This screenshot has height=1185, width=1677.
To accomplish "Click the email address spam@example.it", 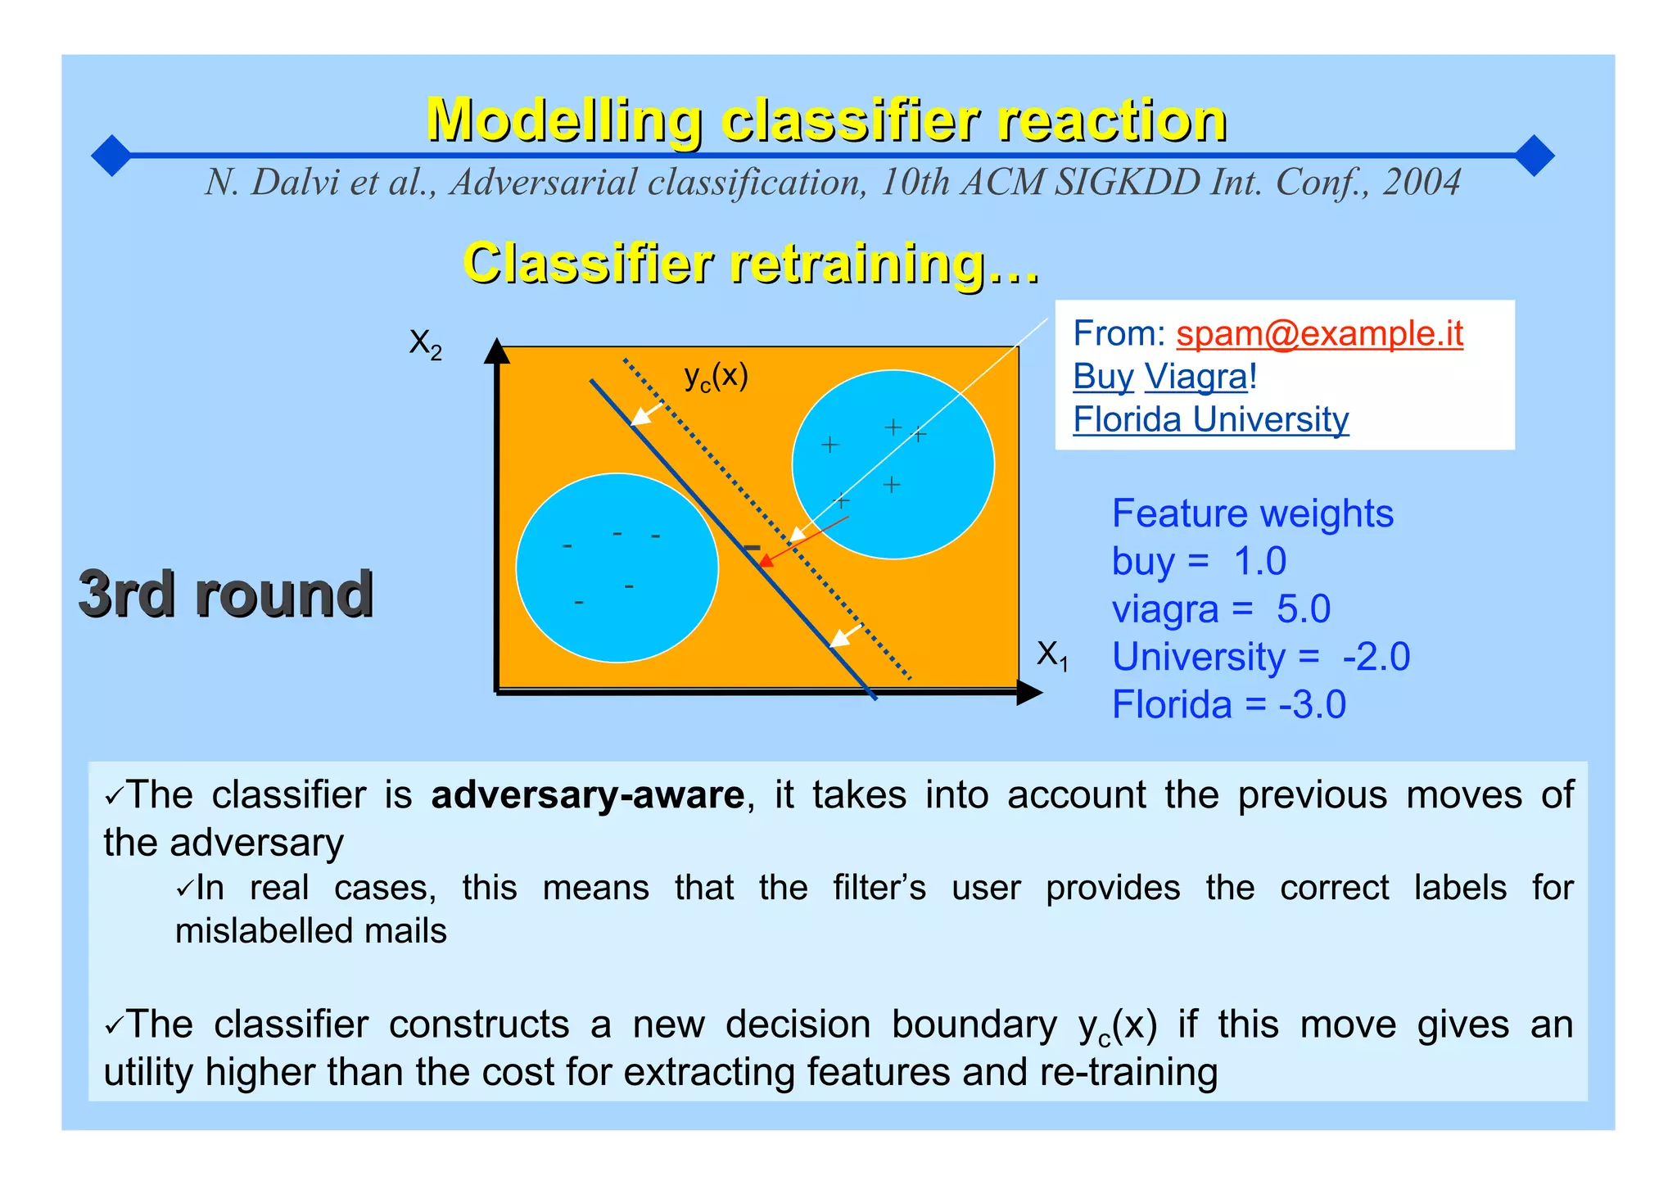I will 1319,333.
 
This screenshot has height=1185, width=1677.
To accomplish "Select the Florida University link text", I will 1210,419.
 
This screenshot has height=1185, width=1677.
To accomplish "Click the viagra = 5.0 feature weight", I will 1220,609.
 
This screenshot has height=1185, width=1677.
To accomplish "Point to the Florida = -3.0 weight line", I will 1228,704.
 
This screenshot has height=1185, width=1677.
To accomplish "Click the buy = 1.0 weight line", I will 1198,562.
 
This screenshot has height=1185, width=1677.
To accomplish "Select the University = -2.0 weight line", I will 1260,657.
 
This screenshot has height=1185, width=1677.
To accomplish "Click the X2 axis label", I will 425,344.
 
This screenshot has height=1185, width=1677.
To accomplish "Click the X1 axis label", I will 1052,655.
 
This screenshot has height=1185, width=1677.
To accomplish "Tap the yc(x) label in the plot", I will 716,377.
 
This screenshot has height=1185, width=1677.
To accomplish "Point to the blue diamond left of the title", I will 111,156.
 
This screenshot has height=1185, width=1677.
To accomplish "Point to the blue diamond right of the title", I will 1534,156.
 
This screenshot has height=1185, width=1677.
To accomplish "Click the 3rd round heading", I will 226,594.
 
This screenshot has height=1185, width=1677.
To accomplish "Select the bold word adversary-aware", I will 587,795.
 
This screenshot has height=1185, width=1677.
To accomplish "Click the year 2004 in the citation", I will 1422,182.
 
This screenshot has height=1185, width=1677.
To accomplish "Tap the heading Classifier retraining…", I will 751,264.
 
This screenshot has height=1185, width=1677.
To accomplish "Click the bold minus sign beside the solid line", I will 751,547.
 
